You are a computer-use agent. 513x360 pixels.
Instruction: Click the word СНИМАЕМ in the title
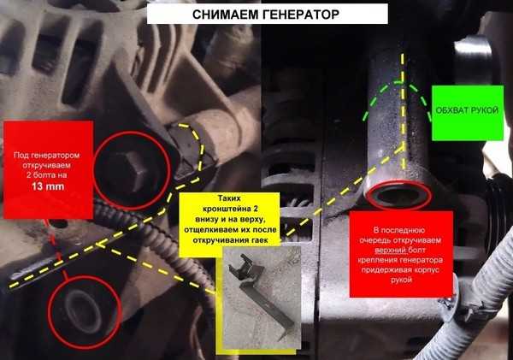click(226, 15)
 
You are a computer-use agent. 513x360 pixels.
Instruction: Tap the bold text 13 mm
click(48, 186)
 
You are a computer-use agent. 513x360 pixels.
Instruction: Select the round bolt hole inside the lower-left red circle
click(81, 311)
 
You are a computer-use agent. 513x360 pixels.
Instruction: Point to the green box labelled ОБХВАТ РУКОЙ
click(468, 113)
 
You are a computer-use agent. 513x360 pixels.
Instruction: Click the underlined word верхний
click(391, 250)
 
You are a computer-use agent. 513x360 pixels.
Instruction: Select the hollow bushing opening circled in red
click(398, 195)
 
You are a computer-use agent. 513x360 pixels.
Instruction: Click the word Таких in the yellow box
click(229, 198)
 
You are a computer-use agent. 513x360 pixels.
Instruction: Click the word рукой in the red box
click(401, 280)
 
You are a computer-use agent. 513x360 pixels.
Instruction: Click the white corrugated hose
click(481, 288)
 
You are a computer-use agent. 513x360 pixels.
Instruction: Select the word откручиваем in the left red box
click(46, 165)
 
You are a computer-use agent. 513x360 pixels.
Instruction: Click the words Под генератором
click(46, 155)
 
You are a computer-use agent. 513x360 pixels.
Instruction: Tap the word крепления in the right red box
click(375, 260)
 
